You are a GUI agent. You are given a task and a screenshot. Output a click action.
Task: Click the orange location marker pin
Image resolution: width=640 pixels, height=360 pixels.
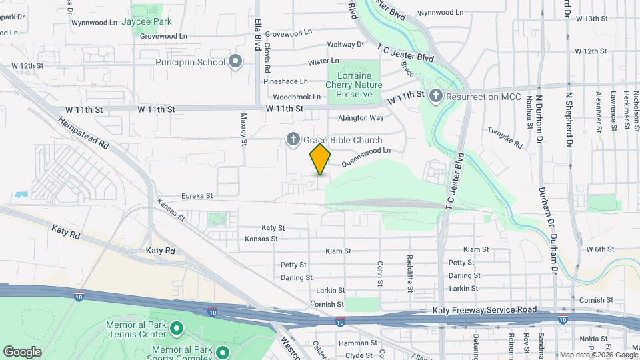[x=320, y=159]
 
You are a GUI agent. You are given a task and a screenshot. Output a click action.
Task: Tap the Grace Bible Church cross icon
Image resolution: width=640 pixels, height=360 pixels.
[x=293, y=140]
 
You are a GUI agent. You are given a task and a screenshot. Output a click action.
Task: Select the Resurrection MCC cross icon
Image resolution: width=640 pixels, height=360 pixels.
[x=435, y=97]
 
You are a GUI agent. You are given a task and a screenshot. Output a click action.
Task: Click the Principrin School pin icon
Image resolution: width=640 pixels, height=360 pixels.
[x=235, y=63]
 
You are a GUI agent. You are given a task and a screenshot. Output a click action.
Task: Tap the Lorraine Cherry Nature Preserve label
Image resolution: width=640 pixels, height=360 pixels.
[x=354, y=85]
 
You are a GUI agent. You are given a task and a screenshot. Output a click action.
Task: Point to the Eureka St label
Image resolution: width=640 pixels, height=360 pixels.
[x=197, y=197]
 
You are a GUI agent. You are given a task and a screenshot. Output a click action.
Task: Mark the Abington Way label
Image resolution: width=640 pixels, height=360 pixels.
[x=361, y=117]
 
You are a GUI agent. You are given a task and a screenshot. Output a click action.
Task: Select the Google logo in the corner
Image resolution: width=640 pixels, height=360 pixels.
[x=22, y=351]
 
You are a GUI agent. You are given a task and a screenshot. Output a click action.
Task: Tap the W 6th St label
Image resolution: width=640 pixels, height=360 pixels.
[x=599, y=249]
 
